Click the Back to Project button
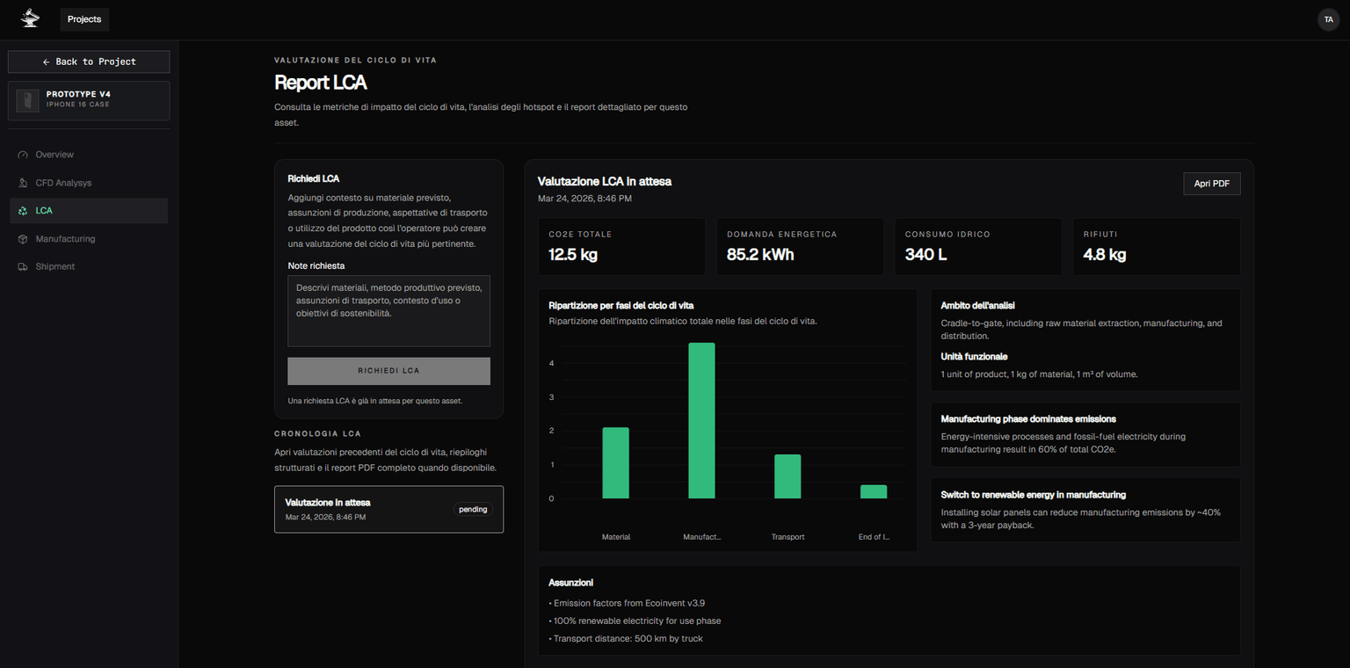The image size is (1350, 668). pyautogui.click(x=89, y=62)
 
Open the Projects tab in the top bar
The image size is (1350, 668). pyautogui.click(x=84, y=19)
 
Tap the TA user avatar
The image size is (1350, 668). pyautogui.click(x=1328, y=19)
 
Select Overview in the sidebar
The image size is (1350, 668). pyautogui.click(x=54, y=155)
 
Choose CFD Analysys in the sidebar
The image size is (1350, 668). pyautogui.click(x=63, y=183)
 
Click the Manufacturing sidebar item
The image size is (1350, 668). pyautogui.click(x=65, y=239)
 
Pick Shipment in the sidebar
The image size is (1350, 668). pyautogui.click(x=55, y=266)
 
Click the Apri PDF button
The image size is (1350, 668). pyautogui.click(x=1211, y=184)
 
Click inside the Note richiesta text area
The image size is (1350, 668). pyautogui.click(x=388, y=311)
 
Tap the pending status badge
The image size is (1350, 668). pyautogui.click(x=473, y=509)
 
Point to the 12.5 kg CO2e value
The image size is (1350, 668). pyautogui.click(x=574, y=255)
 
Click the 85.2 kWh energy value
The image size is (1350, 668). pyautogui.click(x=760, y=255)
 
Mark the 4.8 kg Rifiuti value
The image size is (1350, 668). pyautogui.click(x=1105, y=255)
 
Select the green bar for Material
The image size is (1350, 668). pyautogui.click(x=615, y=463)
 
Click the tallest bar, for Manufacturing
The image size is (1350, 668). pyautogui.click(x=701, y=421)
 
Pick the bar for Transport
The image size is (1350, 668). pyautogui.click(x=787, y=476)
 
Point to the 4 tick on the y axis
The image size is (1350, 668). pyautogui.click(x=552, y=363)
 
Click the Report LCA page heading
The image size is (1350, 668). pyautogui.click(x=321, y=83)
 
